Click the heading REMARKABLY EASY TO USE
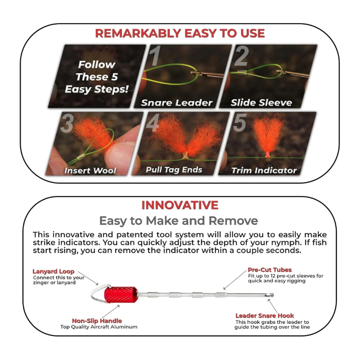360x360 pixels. point(179,33)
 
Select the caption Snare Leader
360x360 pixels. point(177,102)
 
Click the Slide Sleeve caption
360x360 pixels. point(261,102)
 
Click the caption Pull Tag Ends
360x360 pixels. point(174,169)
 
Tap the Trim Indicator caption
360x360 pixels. point(264,170)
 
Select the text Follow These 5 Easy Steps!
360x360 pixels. point(96,77)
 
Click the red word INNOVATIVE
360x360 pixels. point(179,205)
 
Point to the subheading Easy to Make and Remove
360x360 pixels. point(178,221)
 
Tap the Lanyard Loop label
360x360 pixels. point(53,271)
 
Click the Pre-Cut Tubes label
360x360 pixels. point(269,269)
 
